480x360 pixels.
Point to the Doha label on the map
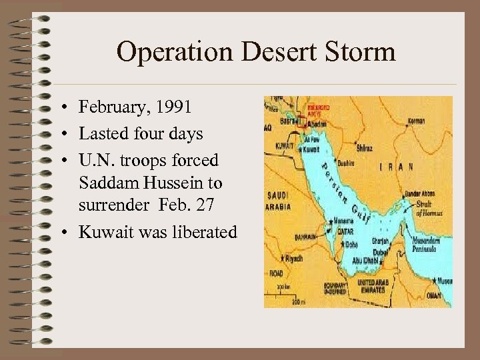click(352, 245)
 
